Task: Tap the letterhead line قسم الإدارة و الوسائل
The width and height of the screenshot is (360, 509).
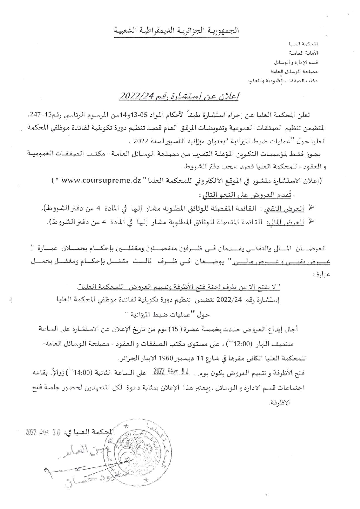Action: tap(296, 62)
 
